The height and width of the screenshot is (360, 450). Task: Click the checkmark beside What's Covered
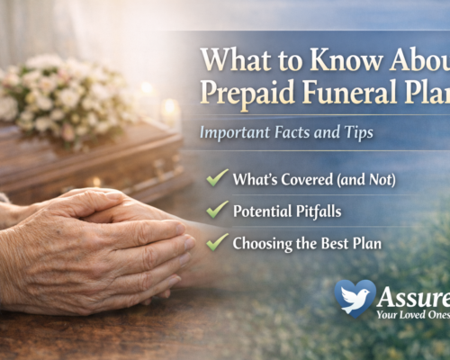point(217,177)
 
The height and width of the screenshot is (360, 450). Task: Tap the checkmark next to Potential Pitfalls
point(217,210)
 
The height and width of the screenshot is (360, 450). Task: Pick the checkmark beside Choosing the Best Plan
point(217,241)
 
